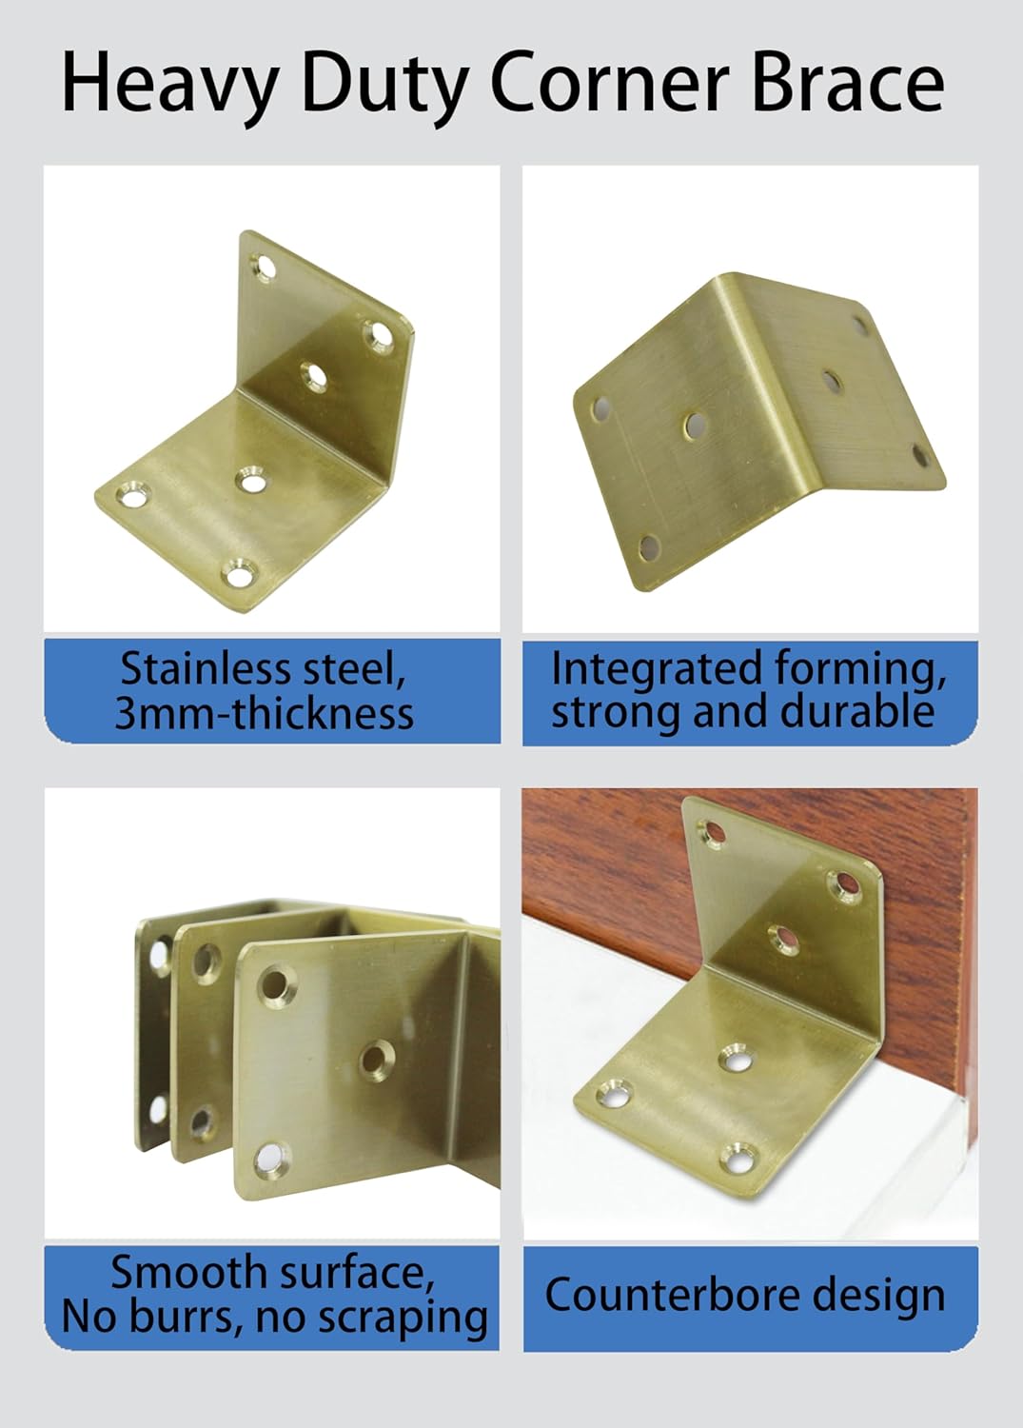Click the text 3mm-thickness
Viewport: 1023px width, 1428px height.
tap(265, 713)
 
